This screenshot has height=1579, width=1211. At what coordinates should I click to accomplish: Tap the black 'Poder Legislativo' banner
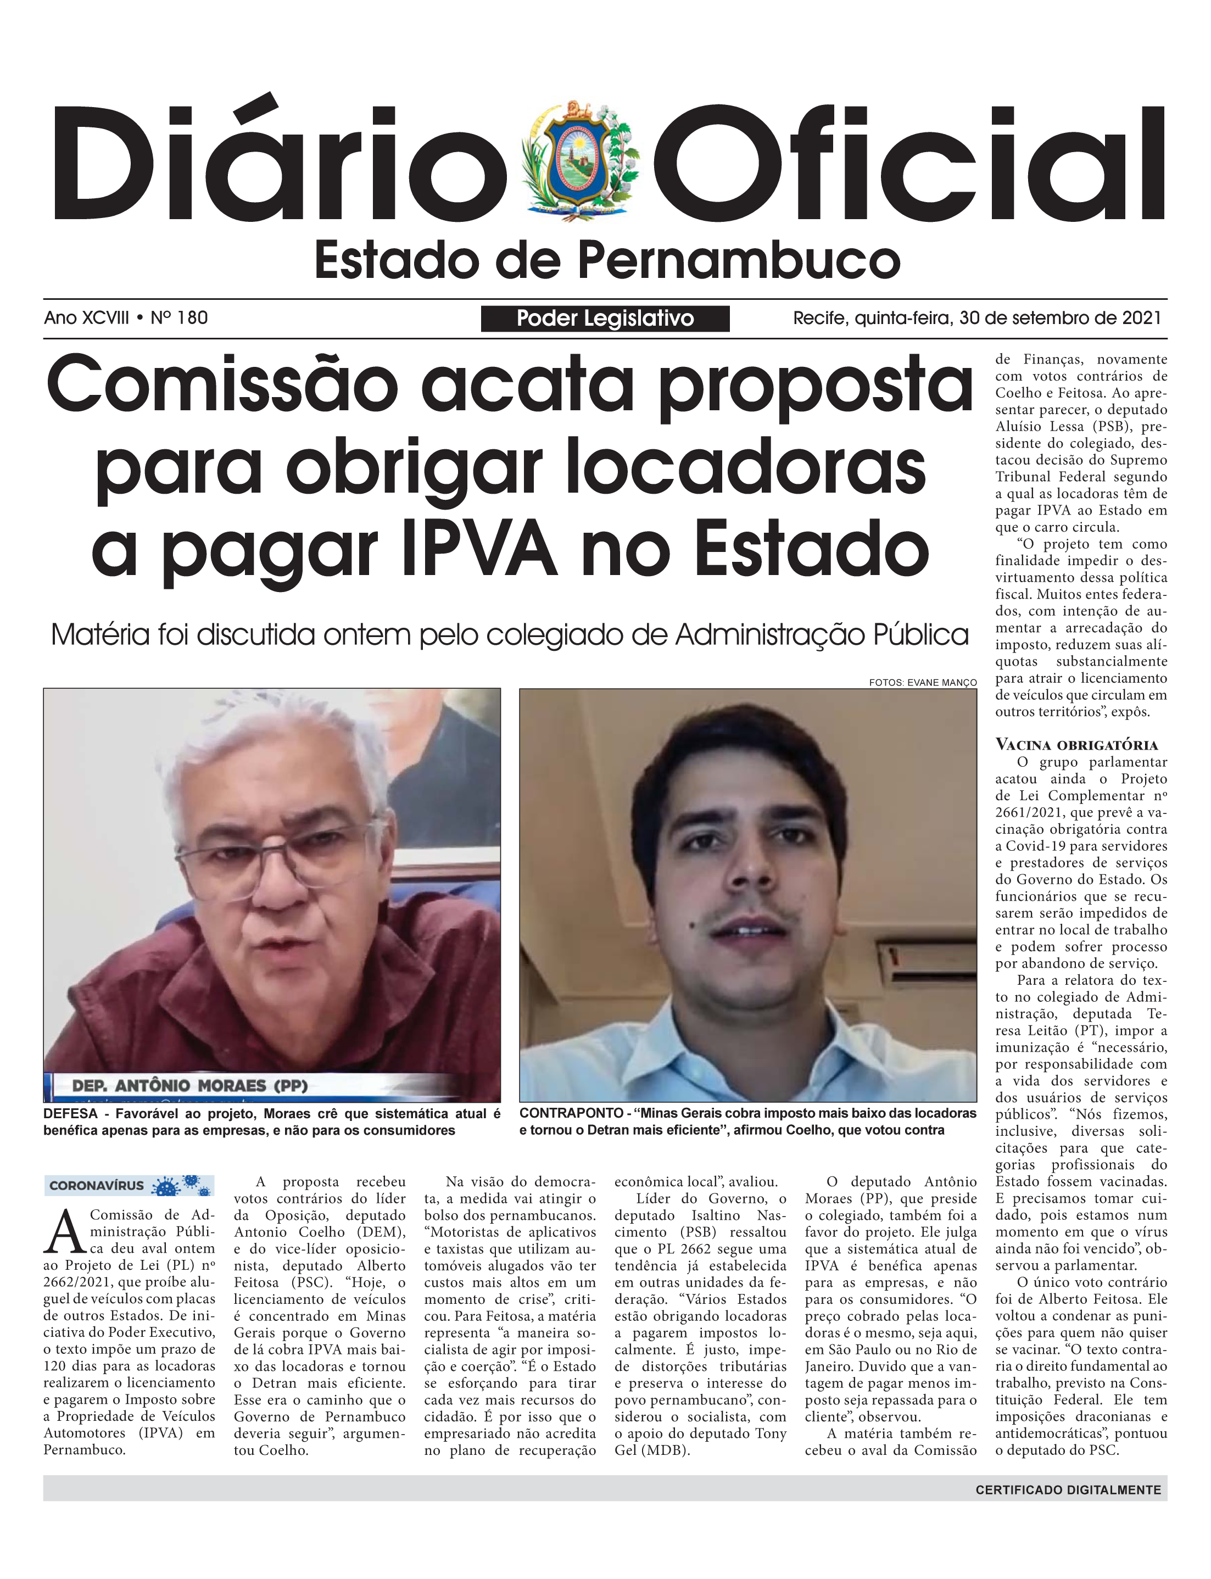(605, 319)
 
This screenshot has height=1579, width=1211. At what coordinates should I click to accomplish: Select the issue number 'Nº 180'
(179, 318)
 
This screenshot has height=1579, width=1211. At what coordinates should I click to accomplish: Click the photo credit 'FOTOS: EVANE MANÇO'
(923, 683)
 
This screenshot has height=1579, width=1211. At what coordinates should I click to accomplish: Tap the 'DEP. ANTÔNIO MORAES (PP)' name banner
(189, 1086)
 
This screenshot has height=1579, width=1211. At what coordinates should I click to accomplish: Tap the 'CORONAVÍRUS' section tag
(97, 1186)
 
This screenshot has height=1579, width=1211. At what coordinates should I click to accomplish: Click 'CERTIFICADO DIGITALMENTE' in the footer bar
(1068, 1491)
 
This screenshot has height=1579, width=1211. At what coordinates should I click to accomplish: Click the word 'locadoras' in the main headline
(745, 468)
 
